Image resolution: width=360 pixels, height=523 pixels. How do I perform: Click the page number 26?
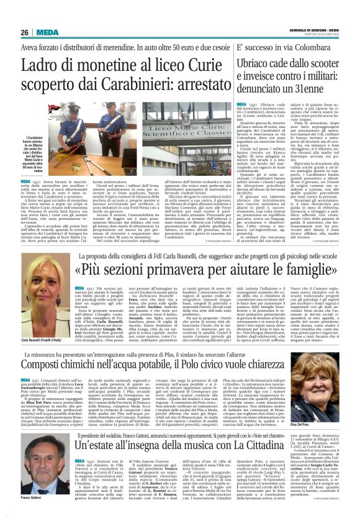click(25, 32)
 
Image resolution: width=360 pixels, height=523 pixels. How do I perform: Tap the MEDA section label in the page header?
click(47, 32)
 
